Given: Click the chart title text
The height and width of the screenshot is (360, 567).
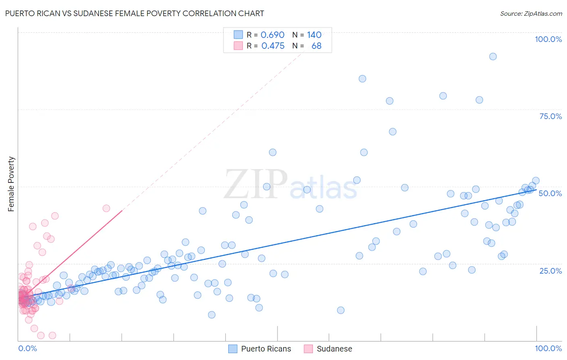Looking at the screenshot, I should click(x=135, y=13).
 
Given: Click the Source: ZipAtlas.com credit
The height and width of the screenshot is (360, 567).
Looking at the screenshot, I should click(x=531, y=13).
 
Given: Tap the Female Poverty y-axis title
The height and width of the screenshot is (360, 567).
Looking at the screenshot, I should click(x=11, y=184).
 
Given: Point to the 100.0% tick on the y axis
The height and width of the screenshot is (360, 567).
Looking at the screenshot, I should click(x=548, y=39).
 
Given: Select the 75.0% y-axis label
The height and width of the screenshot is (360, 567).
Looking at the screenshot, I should click(x=550, y=116).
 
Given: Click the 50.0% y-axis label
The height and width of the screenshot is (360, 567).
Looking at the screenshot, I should click(x=550, y=193).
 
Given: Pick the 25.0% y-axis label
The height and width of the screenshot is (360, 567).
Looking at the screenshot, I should click(x=550, y=271).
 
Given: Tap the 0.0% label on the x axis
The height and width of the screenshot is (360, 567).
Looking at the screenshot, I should click(x=27, y=348).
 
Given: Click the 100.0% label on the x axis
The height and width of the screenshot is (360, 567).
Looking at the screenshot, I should click(x=548, y=348).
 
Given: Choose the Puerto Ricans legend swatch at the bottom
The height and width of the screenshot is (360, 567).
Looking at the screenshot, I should click(x=233, y=349).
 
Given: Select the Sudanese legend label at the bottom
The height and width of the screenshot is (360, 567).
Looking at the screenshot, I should click(x=334, y=349).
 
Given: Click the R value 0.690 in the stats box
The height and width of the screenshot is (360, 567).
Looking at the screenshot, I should click(x=273, y=35).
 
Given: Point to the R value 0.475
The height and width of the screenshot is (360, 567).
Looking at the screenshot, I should click(x=273, y=46).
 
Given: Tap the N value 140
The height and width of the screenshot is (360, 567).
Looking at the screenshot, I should click(x=314, y=35).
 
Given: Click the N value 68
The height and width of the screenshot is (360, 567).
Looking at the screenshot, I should click(x=317, y=46).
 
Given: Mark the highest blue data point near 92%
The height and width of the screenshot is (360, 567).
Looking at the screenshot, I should click(x=493, y=57).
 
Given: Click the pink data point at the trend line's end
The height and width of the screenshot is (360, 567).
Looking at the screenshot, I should click(x=106, y=208).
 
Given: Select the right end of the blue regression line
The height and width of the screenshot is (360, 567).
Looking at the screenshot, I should click(x=536, y=189).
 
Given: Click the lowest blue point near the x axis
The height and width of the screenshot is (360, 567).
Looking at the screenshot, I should click(x=212, y=315).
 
